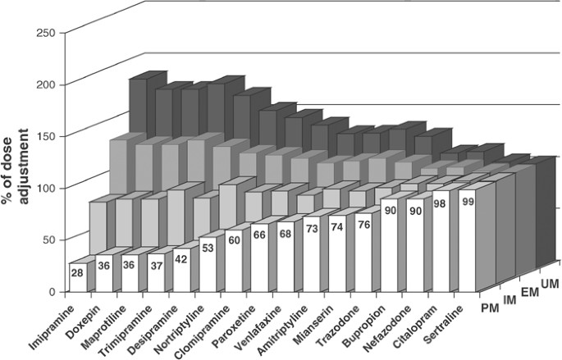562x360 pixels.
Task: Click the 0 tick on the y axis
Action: point(51,291)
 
